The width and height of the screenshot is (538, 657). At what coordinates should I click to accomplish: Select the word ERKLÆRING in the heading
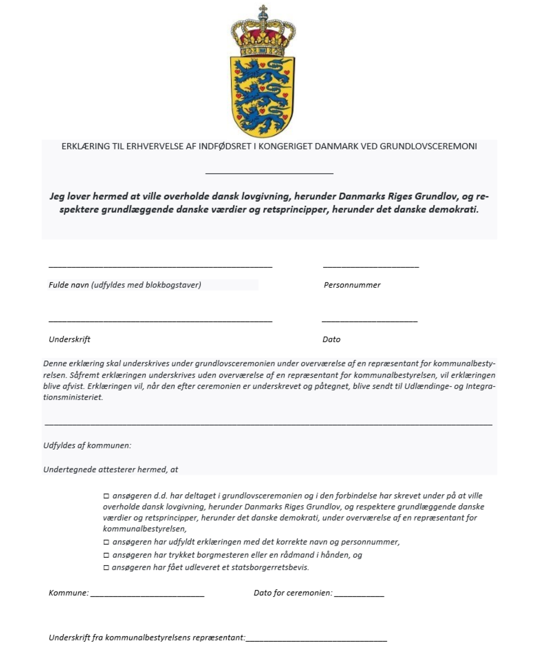pos(86,146)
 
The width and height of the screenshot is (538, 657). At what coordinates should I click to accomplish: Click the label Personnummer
pos(352,285)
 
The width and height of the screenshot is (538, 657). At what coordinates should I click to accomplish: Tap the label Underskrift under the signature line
pos(69,340)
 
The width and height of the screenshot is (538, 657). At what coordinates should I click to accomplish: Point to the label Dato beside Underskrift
pos(331,340)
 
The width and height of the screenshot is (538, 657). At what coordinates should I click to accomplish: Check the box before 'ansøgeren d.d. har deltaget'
pos(106,496)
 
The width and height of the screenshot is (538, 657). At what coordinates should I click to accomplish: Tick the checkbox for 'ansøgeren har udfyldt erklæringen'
pos(106,542)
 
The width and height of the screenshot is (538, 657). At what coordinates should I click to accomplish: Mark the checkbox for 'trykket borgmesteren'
pos(106,555)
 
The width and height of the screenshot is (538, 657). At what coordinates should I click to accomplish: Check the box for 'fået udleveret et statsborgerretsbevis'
pos(106,568)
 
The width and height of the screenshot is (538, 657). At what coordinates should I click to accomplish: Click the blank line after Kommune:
pos(147,596)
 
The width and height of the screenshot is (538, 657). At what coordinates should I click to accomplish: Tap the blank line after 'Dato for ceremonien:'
pos(359,596)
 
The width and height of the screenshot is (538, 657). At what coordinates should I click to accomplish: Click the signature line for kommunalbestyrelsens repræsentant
pos(316,641)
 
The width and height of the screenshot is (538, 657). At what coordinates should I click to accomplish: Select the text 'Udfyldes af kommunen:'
pos(87,446)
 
